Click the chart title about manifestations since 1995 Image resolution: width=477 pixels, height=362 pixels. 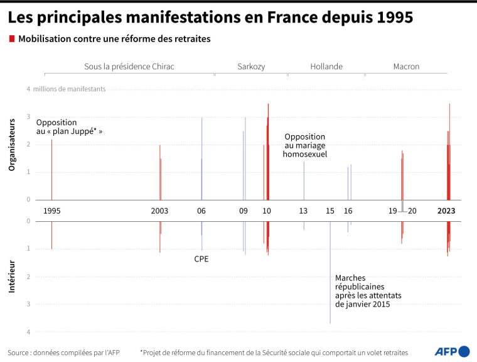(210, 17)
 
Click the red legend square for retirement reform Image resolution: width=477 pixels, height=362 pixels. (12, 39)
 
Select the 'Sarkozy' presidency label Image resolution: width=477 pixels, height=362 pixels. (250, 67)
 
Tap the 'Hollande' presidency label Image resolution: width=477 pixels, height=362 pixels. (326, 67)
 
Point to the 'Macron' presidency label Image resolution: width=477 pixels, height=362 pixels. (406, 67)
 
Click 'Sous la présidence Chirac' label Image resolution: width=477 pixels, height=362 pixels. (129, 67)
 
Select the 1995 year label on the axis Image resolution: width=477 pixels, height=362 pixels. (52, 211)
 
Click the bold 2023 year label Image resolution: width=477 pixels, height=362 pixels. (446, 211)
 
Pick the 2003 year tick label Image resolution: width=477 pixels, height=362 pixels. (159, 211)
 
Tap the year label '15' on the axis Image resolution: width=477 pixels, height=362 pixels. (330, 211)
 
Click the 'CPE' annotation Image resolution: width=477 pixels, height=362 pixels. (201, 258)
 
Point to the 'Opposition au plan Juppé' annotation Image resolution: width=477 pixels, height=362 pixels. (69, 127)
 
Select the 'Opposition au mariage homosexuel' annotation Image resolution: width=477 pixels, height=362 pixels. (305, 145)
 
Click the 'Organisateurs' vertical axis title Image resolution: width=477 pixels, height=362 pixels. (11, 147)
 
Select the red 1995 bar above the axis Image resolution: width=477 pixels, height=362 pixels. (51, 170)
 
